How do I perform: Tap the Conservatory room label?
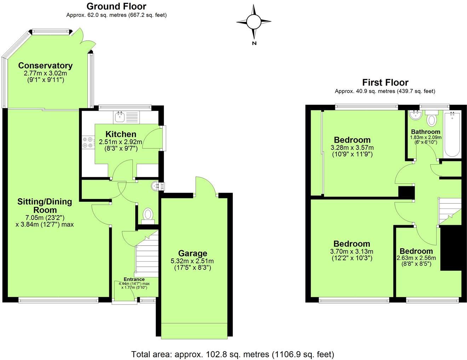point(45,65)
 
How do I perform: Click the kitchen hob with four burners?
point(88,142)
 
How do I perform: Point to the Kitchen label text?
point(121,134)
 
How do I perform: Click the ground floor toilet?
point(148,215)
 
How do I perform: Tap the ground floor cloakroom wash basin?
point(156,186)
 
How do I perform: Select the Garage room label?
point(192,253)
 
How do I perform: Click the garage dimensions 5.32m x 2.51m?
point(192,261)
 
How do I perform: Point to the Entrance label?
point(134,279)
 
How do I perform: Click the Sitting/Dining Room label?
point(45,205)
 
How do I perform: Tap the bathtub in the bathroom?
point(452,134)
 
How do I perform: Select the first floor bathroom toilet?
point(432,119)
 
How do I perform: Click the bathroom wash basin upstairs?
point(414,115)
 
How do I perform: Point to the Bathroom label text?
point(426,132)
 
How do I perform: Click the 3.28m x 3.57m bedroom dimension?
point(352,148)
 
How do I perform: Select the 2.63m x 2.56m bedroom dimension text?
point(416,258)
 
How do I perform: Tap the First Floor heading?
point(385,82)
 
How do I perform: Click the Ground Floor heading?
point(116,6)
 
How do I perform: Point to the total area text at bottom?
point(232,354)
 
